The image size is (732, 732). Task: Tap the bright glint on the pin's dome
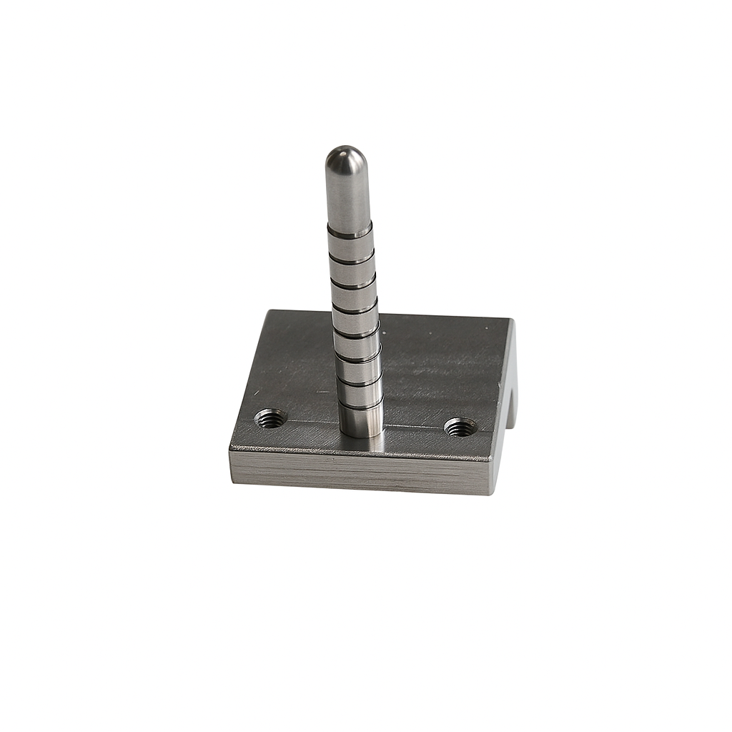click(342, 152)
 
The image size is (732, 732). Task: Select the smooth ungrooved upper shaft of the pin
click(347, 193)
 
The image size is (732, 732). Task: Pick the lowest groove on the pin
click(360, 407)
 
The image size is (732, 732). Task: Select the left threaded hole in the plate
click(271, 417)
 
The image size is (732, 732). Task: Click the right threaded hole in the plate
click(460, 427)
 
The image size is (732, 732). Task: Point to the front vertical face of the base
click(357, 472)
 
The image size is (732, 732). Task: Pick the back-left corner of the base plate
click(269, 311)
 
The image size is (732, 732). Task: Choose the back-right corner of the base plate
click(512, 320)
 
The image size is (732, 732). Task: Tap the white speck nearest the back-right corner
click(487, 328)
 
